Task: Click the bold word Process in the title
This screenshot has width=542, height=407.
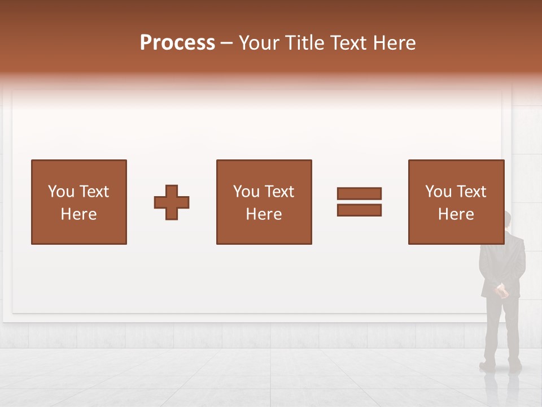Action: (x=177, y=43)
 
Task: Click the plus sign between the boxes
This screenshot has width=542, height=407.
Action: (x=172, y=202)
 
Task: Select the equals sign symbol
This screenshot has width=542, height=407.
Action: (x=359, y=202)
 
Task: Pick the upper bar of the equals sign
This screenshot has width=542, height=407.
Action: (x=359, y=194)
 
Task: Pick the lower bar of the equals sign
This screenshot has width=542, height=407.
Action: (x=359, y=210)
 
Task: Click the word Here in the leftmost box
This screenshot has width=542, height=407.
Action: (x=79, y=214)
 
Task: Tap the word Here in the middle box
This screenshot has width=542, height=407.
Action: (x=264, y=214)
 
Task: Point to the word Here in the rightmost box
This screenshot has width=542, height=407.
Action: (x=456, y=214)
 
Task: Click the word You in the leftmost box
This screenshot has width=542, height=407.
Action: (x=61, y=192)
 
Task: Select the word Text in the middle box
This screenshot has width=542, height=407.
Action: (x=279, y=192)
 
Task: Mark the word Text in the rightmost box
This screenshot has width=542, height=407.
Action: (x=471, y=192)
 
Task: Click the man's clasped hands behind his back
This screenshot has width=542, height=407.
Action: (x=501, y=291)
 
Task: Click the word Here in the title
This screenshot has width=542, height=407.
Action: (x=395, y=43)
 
